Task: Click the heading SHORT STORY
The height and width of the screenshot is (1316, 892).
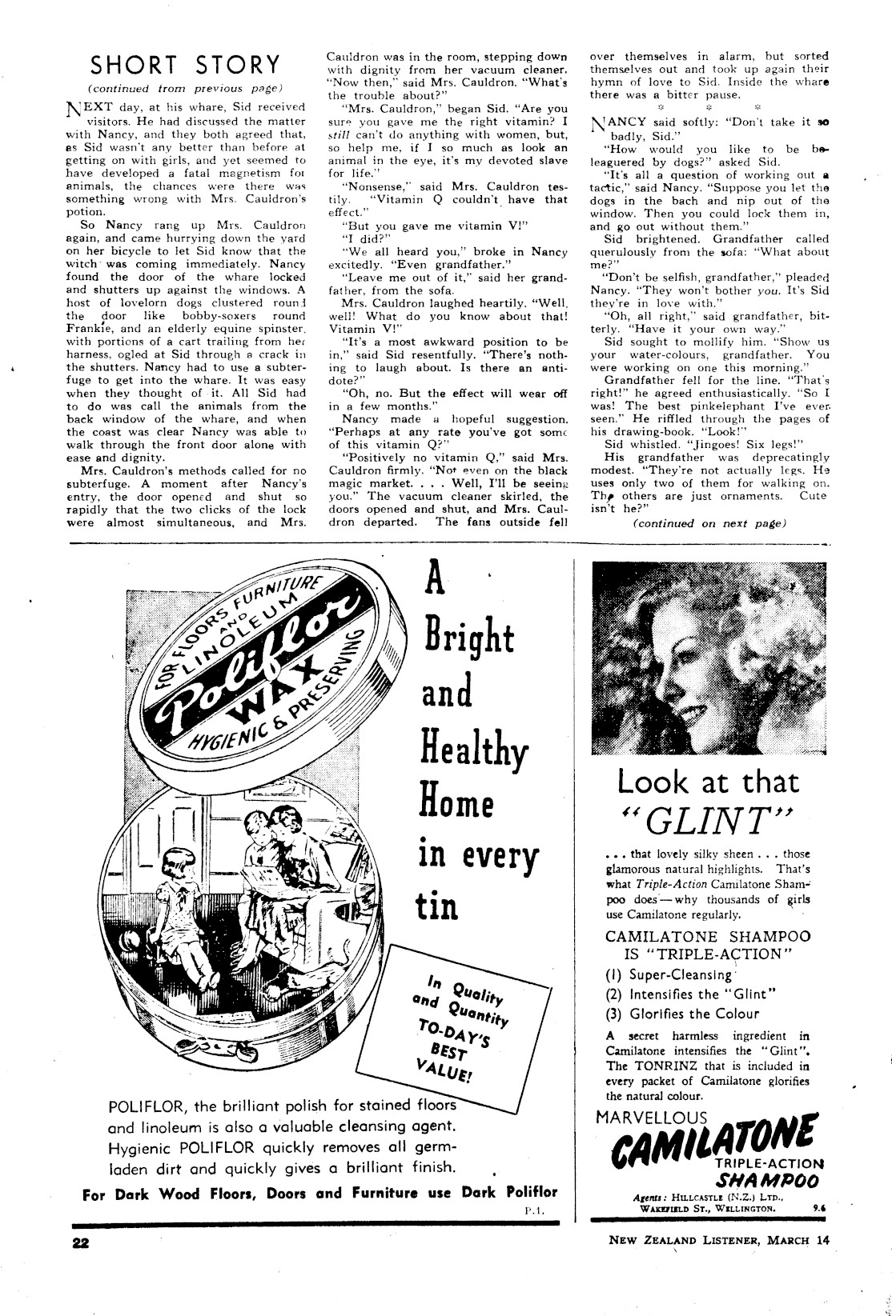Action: (185, 64)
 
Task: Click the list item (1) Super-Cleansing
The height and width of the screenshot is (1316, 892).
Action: (669, 975)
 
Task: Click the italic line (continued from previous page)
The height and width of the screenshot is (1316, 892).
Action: (185, 87)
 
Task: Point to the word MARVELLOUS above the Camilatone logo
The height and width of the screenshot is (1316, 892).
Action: (652, 1118)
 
